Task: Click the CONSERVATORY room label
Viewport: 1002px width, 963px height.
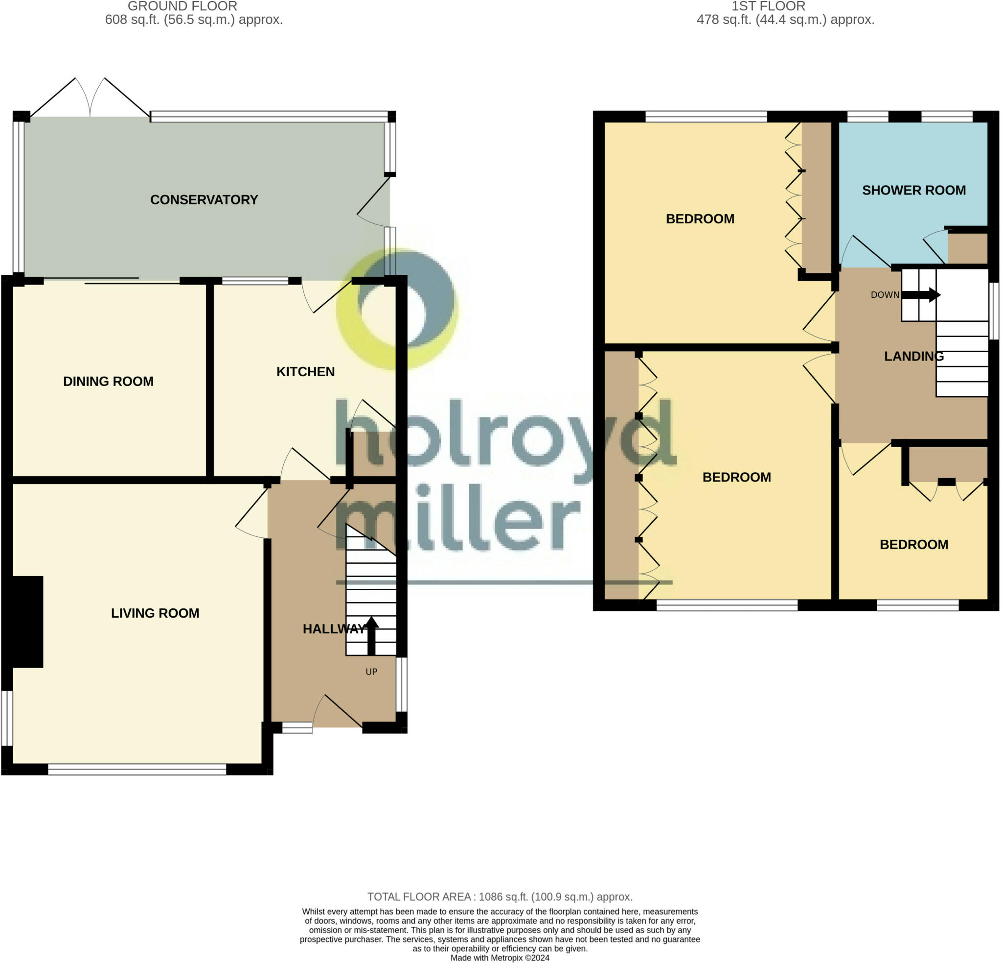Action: [204, 199]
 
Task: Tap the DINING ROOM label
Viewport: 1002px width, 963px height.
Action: [109, 381]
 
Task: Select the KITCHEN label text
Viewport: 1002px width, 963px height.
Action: [305, 371]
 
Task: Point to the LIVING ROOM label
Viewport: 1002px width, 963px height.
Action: [155, 613]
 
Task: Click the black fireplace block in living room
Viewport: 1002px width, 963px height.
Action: [27, 622]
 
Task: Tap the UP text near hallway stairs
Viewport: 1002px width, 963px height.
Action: [371, 672]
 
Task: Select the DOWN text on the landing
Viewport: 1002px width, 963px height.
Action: [885, 295]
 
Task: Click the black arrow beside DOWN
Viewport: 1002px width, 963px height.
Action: [921, 295]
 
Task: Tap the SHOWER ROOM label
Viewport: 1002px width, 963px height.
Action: [913, 191]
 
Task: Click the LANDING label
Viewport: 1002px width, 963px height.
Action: [913, 356]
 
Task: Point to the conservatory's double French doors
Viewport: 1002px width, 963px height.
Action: [90, 100]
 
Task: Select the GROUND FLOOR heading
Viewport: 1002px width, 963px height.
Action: [182, 6]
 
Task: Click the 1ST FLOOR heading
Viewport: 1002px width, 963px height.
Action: [768, 6]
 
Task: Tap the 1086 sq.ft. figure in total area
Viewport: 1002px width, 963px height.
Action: [503, 896]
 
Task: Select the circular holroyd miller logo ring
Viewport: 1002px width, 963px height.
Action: [396, 309]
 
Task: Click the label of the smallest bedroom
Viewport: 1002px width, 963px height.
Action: [913, 544]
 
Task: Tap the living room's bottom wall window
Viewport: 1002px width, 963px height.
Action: [137, 769]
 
